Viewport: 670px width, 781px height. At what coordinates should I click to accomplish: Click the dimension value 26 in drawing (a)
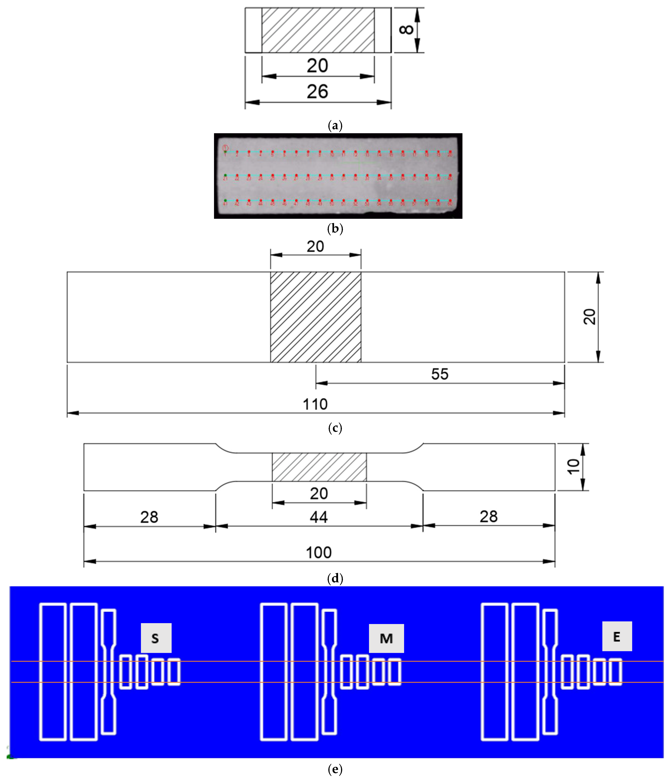click(317, 92)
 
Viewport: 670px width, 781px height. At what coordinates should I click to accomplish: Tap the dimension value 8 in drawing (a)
click(406, 29)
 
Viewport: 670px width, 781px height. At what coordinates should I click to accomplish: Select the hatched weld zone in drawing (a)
click(318, 30)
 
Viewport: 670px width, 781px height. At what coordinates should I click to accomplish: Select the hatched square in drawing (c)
click(315, 317)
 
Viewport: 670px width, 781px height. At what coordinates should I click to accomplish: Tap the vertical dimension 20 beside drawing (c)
click(589, 317)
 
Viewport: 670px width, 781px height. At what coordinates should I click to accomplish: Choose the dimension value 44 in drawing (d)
click(319, 517)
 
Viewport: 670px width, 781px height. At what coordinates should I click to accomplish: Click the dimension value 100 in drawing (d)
click(319, 553)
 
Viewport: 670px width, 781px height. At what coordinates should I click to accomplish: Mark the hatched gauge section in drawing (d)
click(319, 467)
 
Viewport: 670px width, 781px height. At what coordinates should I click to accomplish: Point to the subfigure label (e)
click(335, 769)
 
